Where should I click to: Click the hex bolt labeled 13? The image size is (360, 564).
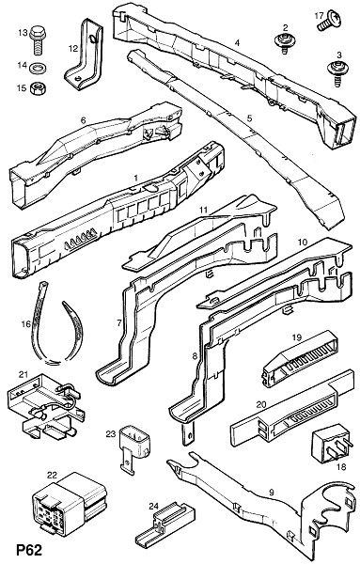pyautogui.click(x=38, y=39)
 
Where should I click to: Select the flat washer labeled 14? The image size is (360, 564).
pyautogui.click(x=39, y=68)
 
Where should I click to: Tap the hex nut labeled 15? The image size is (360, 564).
pyautogui.click(x=38, y=88)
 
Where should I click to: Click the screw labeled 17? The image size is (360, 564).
pyautogui.click(x=329, y=22)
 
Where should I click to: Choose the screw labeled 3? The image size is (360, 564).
pyautogui.click(x=336, y=72)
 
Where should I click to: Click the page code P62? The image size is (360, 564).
pyautogui.click(x=29, y=550)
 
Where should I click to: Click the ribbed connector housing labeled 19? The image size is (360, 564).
pyautogui.click(x=300, y=358)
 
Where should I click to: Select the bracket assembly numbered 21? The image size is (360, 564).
pyautogui.click(x=45, y=408)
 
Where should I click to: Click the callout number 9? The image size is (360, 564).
pyautogui.click(x=272, y=492)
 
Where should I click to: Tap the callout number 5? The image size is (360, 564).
pyautogui.click(x=250, y=118)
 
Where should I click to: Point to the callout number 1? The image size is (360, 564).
pyautogui.click(x=136, y=178)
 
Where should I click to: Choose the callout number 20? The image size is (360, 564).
pyautogui.click(x=261, y=404)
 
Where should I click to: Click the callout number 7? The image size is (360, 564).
pyautogui.click(x=119, y=322)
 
